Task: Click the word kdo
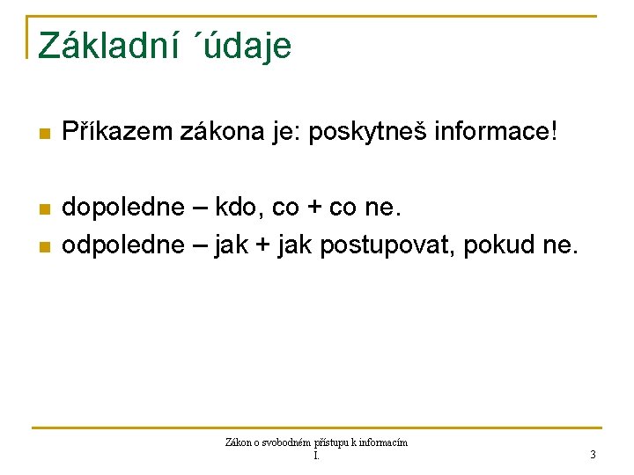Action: [x=241, y=209]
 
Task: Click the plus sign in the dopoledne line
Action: [x=313, y=209]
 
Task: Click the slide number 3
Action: [x=593, y=455]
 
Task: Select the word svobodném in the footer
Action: [x=284, y=442]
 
